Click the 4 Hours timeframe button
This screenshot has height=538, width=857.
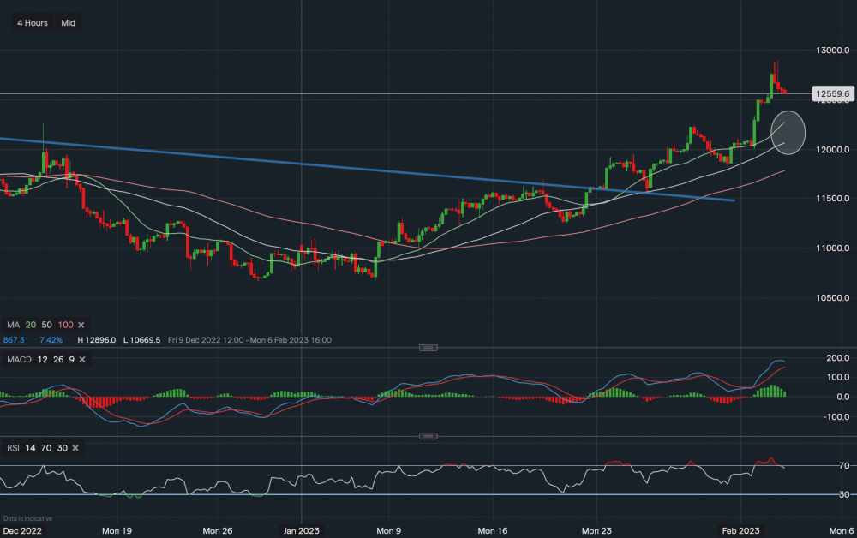(x=33, y=23)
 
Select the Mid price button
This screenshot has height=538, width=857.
(x=69, y=23)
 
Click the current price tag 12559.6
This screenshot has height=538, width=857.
(x=830, y=93)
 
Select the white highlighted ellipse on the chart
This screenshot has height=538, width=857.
(x=788, y=132)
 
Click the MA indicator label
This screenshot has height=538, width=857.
(x=13, y=326)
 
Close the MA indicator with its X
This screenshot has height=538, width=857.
(x=81, y=326)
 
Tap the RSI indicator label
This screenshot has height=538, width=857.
(x=15, y=448)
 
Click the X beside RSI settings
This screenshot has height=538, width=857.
(x=76, y=448)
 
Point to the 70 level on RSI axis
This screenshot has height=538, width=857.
(x=820, y=466)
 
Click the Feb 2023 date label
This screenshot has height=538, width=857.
(x=739, y=531)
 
